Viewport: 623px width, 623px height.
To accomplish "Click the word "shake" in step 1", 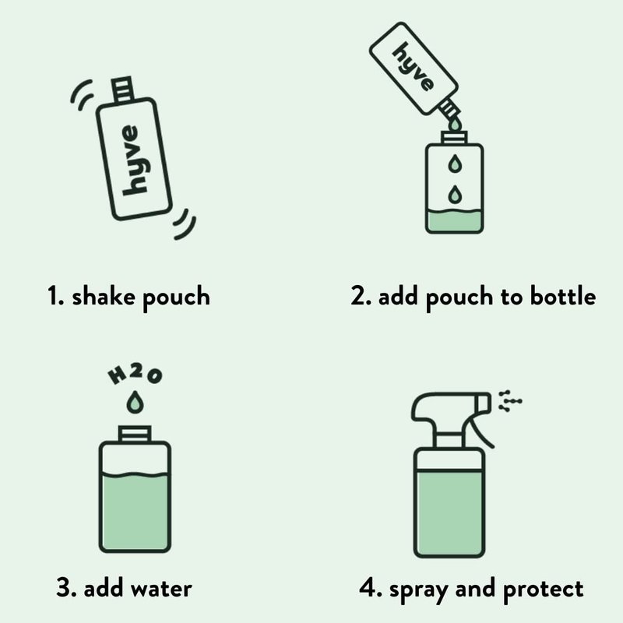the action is (104, 296).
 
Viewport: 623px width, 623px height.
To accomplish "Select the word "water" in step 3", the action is (162, 589).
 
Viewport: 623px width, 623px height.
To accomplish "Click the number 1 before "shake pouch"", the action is (52, 296).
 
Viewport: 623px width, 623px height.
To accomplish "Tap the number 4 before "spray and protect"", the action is (366, 588).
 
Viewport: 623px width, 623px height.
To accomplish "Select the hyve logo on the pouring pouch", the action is (414, 66).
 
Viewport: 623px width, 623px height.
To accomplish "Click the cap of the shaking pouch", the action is (122, 90).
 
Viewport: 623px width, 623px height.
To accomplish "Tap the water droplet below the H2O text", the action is (135, 402).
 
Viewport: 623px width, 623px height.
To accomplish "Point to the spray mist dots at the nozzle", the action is (510, 401).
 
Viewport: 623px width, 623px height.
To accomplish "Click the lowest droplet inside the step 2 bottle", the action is (456, 194).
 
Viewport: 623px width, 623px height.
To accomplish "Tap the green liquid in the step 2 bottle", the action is (455, 220).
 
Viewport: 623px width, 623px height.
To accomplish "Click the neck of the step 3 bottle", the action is (135, 434).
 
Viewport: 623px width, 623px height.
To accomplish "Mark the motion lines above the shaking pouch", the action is (83, 94).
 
